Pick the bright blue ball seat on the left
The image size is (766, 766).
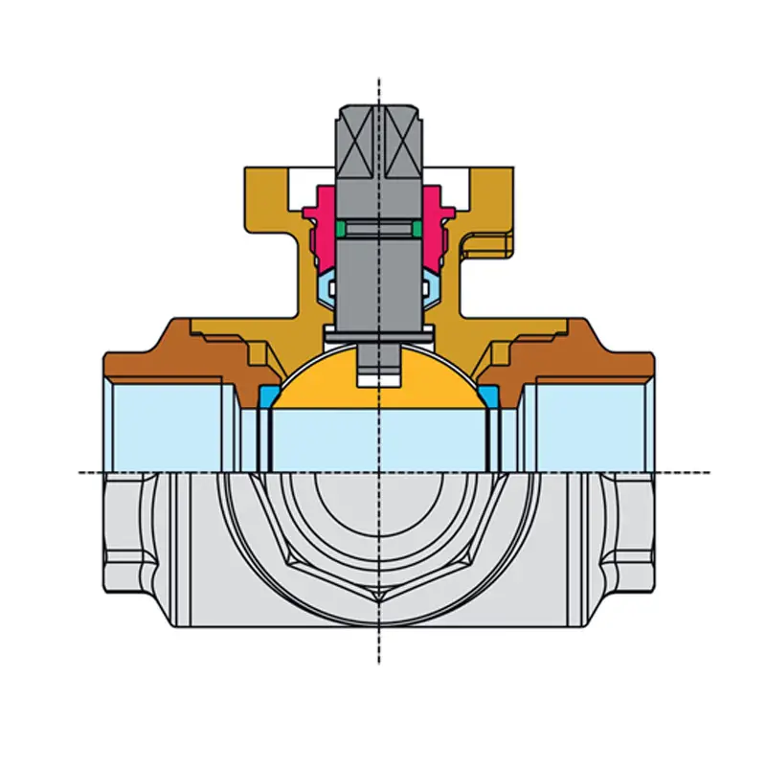click(268, 394)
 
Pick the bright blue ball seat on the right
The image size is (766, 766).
click(491, 394)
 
